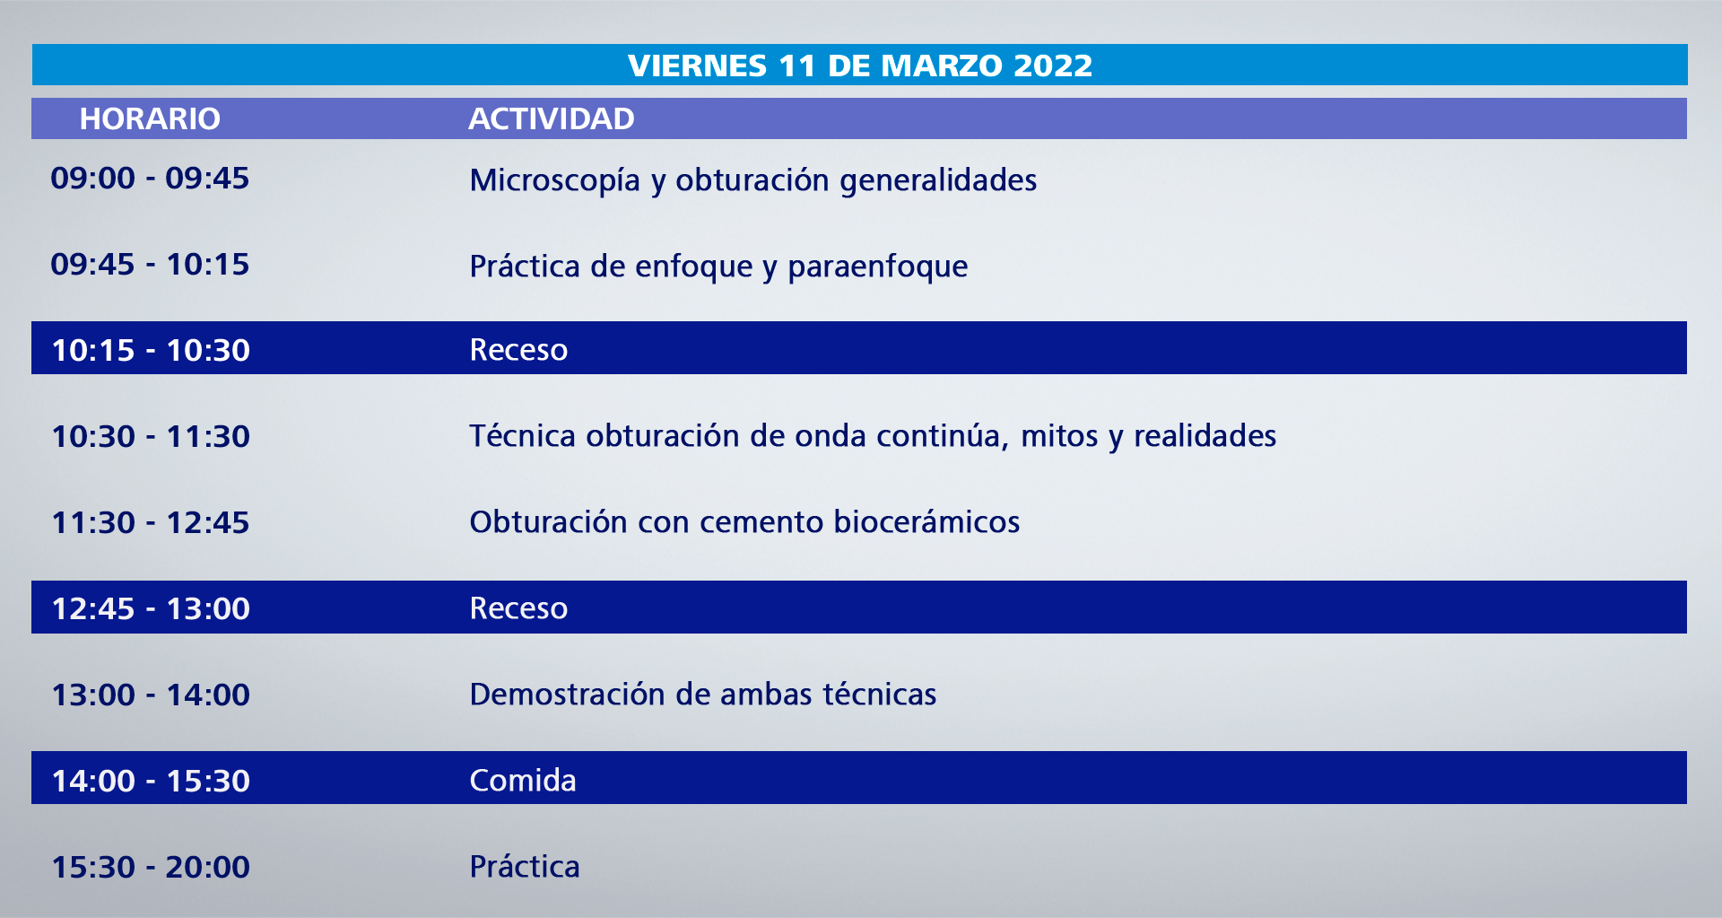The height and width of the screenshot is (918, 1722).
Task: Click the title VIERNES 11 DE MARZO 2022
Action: (860, 66)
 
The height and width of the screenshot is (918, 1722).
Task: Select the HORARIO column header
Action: (150, 118)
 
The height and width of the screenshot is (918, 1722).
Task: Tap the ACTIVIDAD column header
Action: (552, 118)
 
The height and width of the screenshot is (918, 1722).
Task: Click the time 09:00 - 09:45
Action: (150, 178)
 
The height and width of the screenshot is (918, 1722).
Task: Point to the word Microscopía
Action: (555, 180)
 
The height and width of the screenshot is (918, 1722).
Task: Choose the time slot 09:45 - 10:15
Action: (150, 264)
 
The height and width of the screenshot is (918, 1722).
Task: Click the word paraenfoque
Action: (878, 267)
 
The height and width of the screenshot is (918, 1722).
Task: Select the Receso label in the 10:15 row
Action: (518, 349)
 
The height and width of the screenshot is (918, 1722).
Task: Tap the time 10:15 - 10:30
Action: (151, 350)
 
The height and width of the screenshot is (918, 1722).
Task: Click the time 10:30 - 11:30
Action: (151, 436)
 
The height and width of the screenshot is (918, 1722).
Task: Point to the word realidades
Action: (1205, 435)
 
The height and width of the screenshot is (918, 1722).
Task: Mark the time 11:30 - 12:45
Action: (151, 522)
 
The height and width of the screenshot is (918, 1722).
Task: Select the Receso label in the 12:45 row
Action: (518, 608)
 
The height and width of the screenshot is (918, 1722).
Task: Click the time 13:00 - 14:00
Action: (151, 695)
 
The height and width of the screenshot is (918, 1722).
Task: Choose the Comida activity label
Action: (523, 780)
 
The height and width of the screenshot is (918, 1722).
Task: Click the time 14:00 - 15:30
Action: (151, 781)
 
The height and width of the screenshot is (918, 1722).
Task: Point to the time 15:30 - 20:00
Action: (151, 867)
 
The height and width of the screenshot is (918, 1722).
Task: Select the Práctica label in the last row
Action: (525, 866)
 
